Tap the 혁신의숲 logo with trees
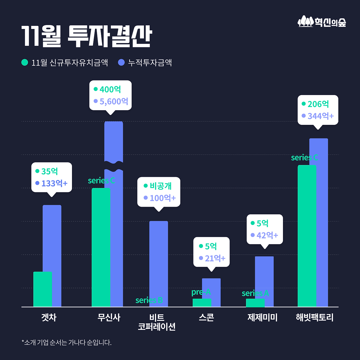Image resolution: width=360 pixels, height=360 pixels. [322, 22]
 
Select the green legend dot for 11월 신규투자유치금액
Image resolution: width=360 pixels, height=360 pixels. [25, 62]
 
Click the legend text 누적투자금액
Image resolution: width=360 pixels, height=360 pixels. [150, 62]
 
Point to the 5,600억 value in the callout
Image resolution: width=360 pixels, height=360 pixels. [114, 101]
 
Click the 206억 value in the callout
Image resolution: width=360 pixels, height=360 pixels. [318, 104]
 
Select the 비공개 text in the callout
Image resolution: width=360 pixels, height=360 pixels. [160, 186]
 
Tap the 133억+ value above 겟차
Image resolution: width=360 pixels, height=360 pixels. [54, 183]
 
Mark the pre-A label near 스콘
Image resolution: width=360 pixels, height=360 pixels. [201, 292]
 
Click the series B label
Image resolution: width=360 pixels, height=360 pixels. [149, 300]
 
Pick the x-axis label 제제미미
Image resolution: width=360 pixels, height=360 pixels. [262, 318]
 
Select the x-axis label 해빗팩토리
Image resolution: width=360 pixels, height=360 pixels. [314, 318]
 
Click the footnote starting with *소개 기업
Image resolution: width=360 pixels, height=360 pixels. [67, 343]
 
